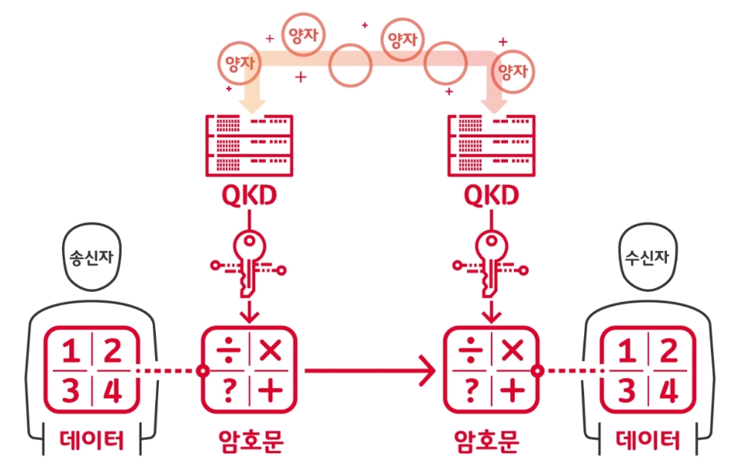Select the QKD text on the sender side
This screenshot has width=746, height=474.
click(249, 196)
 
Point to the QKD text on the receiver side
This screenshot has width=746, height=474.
click(491, 196)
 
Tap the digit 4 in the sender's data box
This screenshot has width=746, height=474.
click(112, 391)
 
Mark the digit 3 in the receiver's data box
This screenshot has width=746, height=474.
click(627, 391)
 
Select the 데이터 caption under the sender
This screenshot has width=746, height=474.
click(91, 441)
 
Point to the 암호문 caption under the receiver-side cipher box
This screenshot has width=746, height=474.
click(491, 441)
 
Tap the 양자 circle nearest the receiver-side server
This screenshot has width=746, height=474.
click(513, 72)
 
